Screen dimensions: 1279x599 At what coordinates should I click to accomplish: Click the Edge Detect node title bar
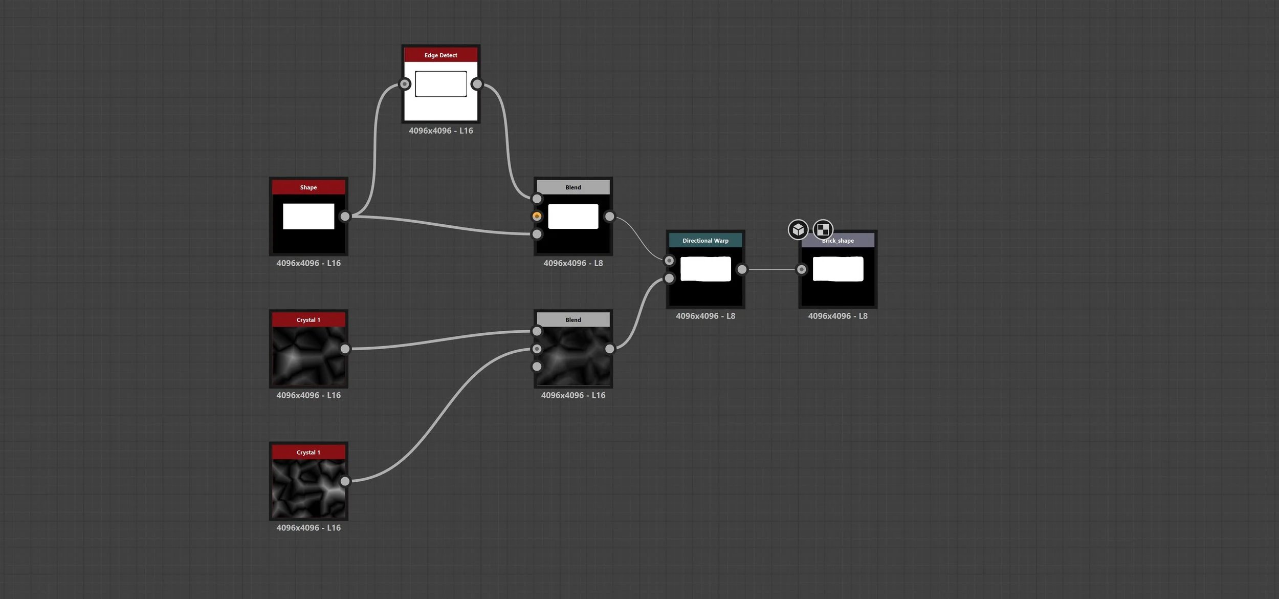coord(440,55)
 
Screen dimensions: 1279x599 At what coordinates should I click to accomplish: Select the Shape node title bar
coord(308,187)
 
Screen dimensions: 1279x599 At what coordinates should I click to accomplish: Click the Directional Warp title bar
coord(705,241)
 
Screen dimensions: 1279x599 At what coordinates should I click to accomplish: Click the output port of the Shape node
coord(345,217)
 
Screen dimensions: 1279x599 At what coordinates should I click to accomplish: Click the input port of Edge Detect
coord(405,83)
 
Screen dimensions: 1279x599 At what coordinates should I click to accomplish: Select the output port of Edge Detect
coord(477,83)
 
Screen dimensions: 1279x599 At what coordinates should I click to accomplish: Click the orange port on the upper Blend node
coord(537,216)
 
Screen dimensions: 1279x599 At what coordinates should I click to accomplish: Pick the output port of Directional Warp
coord(742,269)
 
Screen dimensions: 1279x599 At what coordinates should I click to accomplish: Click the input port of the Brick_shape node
coord(802,269)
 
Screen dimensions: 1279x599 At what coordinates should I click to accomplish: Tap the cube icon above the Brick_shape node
coord(798,230)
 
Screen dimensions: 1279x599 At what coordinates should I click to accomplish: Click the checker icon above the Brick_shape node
coord(823,229)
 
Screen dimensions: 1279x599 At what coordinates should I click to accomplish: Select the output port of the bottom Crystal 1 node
coord(345,481)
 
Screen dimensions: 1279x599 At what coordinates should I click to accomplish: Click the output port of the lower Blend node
coord(609,349)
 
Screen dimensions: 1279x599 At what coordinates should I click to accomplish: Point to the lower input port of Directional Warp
coord(669,279)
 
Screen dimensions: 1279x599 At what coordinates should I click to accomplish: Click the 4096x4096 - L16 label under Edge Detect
coord(440,131)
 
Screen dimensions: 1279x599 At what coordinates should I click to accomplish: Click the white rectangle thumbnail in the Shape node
coord(308,216)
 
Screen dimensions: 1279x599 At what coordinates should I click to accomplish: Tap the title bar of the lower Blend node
coord(573,320)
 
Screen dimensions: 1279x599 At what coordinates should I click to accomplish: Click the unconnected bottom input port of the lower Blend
coord(537,367)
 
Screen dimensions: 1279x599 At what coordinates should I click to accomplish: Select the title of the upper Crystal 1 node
coord(308,320)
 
